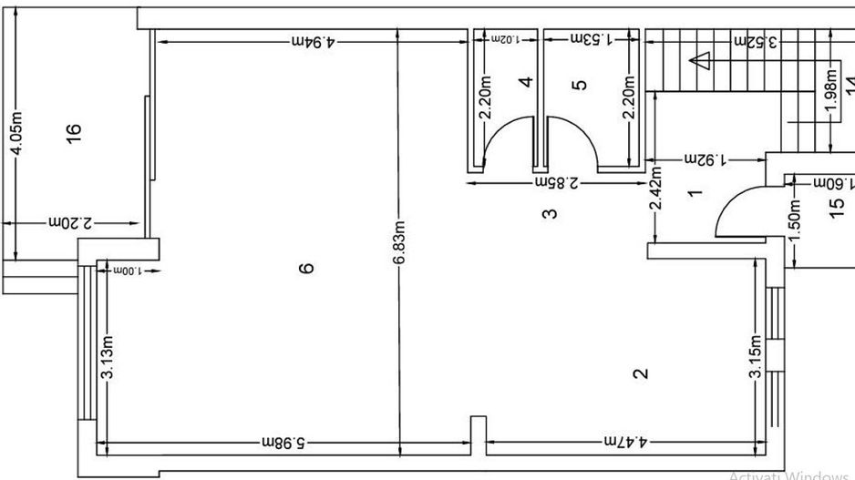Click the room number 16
[x=75, y=130]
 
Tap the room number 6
[x=306, y=267]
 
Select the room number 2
[x=641, y=373]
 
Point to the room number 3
[x=550, y=214]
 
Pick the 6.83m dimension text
[x=399, y=244]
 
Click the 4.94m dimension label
[x=313, y=41]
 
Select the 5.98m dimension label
[x=283, y=442]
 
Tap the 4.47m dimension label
[x=624, y=442]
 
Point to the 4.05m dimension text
[x=15, y=133]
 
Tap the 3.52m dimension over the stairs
[x=756, y=41]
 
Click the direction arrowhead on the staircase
[x=700, y=61]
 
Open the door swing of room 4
[x=507, y=141]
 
